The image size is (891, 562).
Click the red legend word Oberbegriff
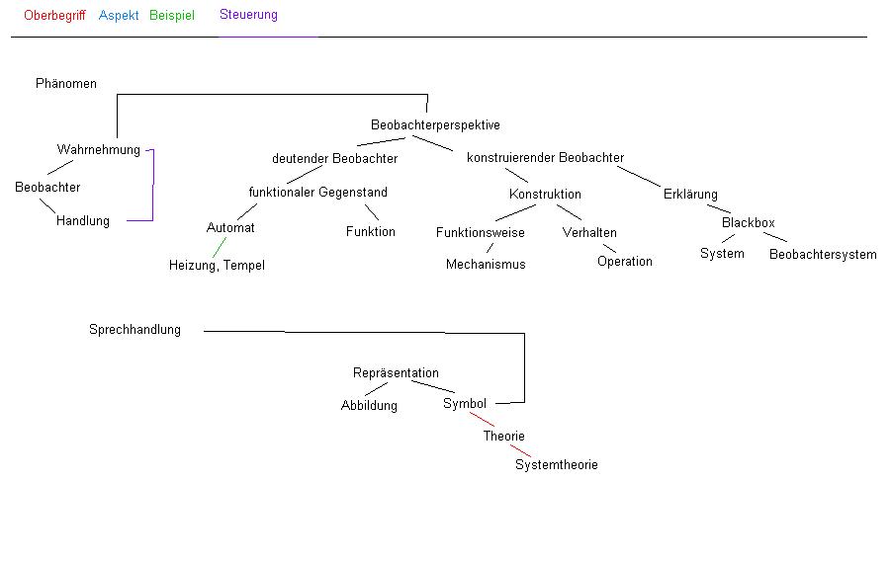click(54, 16)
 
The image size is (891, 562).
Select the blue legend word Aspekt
click(119, 16)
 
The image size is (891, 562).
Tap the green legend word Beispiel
click(172, 16)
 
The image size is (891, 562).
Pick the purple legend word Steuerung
click(248, 15)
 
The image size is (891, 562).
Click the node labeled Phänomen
click(66, 84)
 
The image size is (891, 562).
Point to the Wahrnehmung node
click(99, 150)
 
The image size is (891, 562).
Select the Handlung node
click(83, 221)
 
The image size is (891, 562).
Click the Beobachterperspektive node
click(435, 125)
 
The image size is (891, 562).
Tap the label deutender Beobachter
click(334, 159)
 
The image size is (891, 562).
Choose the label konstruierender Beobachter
click(545, 158)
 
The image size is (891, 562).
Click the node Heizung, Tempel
click(217, 266)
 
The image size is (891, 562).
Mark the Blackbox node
click(748, 223)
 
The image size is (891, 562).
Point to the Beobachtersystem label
click(823, 255)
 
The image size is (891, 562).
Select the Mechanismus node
click(486, 265)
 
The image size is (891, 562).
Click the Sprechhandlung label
click(134, 330)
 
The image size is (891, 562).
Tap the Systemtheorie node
click(556, 465)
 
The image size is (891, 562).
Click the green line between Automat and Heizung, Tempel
click(219, 247)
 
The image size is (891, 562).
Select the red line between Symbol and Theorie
click(483, 420)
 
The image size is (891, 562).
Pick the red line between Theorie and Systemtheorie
click(520, 450)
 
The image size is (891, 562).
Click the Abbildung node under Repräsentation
click(369, 406)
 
